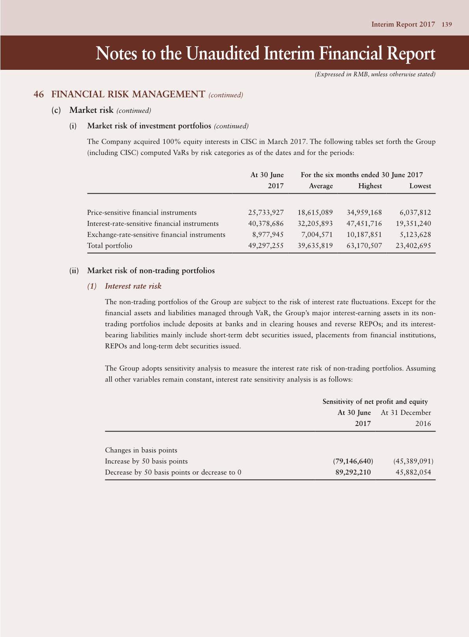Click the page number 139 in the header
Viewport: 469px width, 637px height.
(447, 24)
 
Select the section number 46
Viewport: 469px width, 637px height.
(39, 94)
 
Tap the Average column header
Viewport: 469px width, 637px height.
(321, 186)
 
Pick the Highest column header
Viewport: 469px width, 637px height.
(370, 186)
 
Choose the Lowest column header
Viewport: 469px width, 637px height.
(420, 186)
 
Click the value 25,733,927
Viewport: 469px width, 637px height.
(266, 213)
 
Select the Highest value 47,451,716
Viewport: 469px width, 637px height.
(364, 224)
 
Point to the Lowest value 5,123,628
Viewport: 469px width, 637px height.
(415, 235)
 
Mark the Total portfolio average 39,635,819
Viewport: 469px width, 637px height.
(315, 246)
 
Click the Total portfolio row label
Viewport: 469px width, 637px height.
(110, 246)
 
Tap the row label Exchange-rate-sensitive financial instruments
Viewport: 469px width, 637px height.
(156, 235)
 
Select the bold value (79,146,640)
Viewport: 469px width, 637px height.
(353, 461)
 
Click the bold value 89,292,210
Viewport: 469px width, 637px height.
(353, 473)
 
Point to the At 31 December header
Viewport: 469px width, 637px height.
(406, 413)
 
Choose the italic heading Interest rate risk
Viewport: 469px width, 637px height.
(133, 286)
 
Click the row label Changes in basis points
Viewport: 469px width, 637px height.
(141, 450)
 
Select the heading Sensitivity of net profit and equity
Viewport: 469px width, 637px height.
(375, 402)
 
